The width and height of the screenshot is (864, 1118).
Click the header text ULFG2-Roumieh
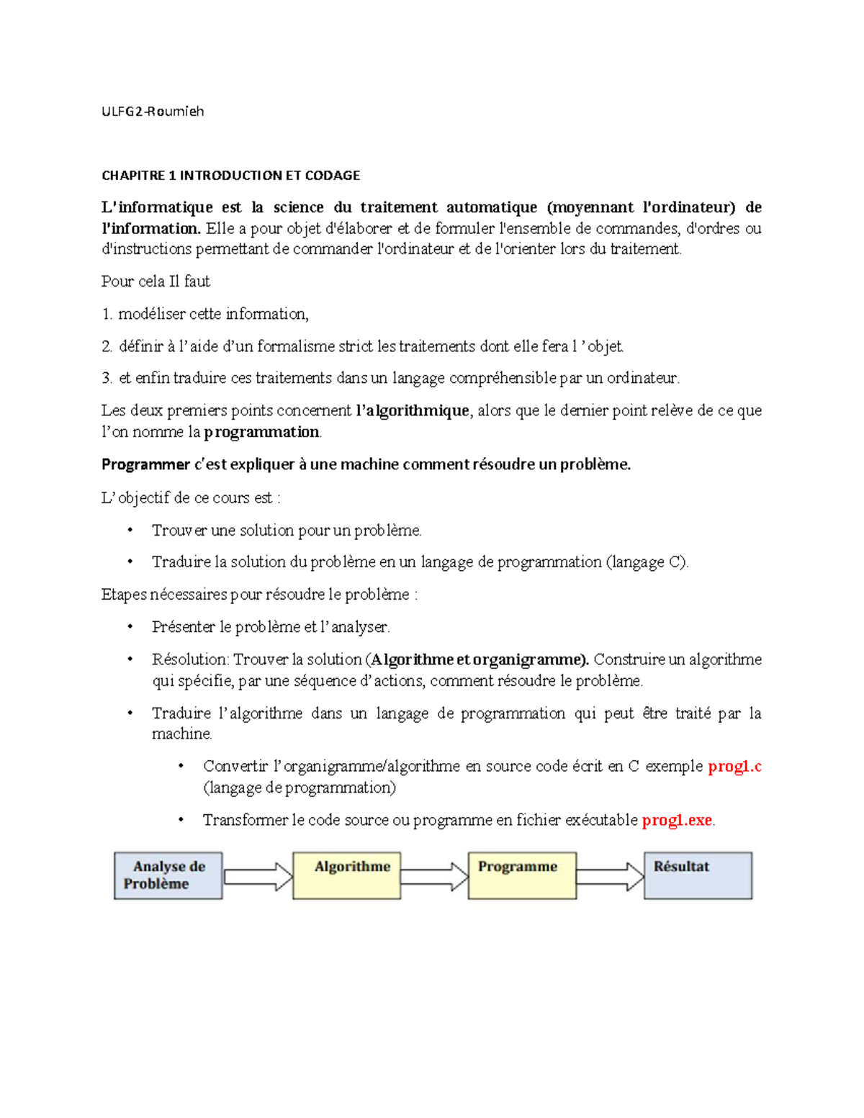pyautogui.click(x=153, y=111)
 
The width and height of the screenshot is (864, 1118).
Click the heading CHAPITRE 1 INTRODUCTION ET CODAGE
pyautogui.click(x=230, y=175)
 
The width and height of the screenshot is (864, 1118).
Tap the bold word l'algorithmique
pyautogui.click(x=413, y=410)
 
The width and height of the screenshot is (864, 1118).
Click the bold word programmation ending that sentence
pyautogui.click(x=261, y=432)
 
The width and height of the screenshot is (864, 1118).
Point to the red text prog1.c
pyautogui.click(x=734, y=766)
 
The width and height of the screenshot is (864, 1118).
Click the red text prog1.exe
pyautogui.click(x=677, y=820)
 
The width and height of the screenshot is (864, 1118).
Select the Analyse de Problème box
pyautogui.click(x=168, y=875)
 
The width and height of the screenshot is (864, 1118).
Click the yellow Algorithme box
pyautogui.click(x=346, y=875)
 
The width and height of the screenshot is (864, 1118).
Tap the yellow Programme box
pyautogui.click(x=522, y=875)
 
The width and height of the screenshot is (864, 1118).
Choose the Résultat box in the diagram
pyautogui.click(x=698, y=875)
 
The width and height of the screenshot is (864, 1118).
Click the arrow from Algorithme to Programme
pyautogui.click(x=434, y=876)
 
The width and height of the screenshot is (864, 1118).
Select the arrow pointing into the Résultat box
pyautogui.click(x=610, y=876)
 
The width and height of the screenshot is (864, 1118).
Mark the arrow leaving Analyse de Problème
pyautogui.click(x=258, y=876)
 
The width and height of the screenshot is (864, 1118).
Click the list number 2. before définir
pyautogui.click(x=107, y=346)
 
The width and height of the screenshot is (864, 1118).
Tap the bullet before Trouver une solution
pyautogui.click(x=130, y=531)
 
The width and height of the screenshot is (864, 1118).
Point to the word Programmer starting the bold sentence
pyautogui.click(x=145, y=464)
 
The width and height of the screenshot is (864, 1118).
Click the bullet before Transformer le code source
pyautogui.click(x=181, y=820)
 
